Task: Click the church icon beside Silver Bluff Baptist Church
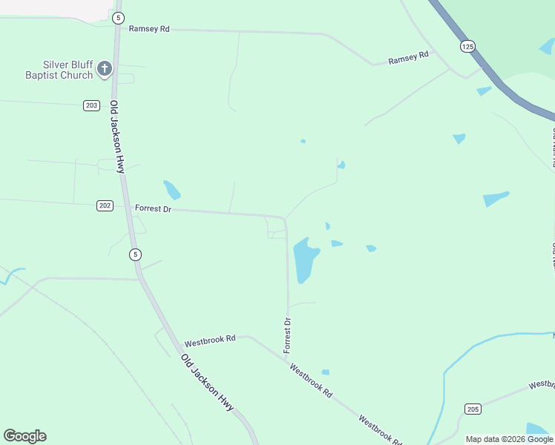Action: click(x=105, y=70)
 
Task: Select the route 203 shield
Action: click(x=91, y=105)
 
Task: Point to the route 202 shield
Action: click(x=105, y=205)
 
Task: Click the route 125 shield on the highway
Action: click(x=467, y=46)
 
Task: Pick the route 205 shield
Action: click(x=473, y=409)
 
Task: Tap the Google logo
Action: click(x=24, y=436)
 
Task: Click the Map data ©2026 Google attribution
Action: click(x=509, y=439)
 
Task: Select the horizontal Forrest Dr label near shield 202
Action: click(x=153, y=209)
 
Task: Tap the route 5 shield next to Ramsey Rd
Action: click(x=118, y=16)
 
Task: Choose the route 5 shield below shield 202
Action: click(x=134, y=254)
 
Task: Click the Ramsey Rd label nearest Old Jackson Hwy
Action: click(x=149, y=29)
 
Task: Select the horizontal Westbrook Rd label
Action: click(x=210, y=341)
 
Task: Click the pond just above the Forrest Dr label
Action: click(x=172, y=190)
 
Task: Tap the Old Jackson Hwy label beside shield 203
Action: click(x=116, y=137)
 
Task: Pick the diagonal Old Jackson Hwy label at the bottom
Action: click(x=207, y=383)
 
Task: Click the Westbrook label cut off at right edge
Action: click(x=542, y=384)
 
